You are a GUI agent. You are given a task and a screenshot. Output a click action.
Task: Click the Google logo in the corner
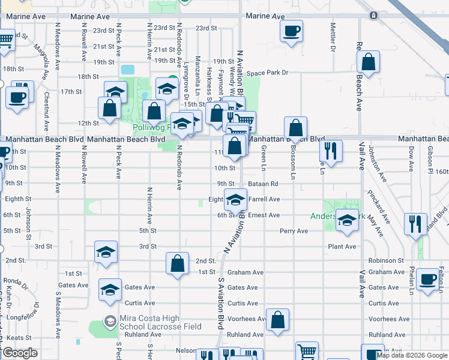[x=19, y=353]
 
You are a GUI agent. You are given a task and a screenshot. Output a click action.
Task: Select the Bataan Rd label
[x=262, y=184]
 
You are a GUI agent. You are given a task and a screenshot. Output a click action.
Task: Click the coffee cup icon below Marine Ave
[x=292, y=31]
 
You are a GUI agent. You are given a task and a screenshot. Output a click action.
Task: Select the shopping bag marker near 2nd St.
[x=177, y=263]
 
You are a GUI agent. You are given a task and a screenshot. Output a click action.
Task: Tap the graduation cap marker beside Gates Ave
[x=110, y=291]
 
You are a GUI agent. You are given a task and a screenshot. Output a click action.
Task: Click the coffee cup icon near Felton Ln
[x=428, y=280]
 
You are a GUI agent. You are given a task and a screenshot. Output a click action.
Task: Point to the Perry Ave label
[x=294, y=231]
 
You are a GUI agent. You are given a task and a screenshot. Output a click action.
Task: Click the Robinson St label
[x=386, y=260]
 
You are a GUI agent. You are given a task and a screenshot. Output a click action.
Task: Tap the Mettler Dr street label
[x=333, y=37]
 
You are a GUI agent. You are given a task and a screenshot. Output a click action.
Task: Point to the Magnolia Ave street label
[x=41, y=55]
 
